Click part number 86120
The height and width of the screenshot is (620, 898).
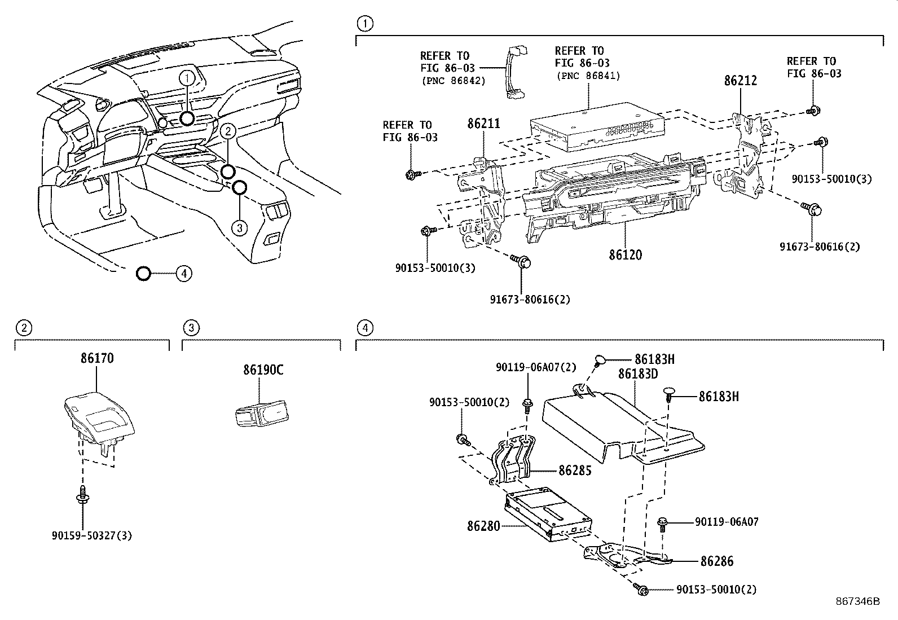point(625,255)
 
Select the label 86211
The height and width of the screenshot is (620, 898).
point(483,124)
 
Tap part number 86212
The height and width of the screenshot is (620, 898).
point(740,81)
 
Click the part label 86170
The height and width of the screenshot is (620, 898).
point(97,358)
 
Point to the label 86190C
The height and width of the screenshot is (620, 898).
point(263,370)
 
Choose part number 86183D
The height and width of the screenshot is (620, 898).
point(638,373)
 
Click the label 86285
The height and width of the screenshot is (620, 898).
point(575,470)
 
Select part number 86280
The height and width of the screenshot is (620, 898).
point(483,526)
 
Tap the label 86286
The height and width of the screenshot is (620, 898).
point(717,561)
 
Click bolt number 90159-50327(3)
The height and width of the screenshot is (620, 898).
point(91,535)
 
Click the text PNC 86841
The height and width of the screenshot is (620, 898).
point(588,76)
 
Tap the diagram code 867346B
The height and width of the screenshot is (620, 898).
point(857,601)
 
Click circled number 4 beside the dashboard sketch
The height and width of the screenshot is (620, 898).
point(183,274)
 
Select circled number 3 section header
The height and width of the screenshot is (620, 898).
point(191,327)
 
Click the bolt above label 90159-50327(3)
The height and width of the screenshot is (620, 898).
point(83,495)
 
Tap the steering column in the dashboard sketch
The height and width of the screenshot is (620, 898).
point(113,189)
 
